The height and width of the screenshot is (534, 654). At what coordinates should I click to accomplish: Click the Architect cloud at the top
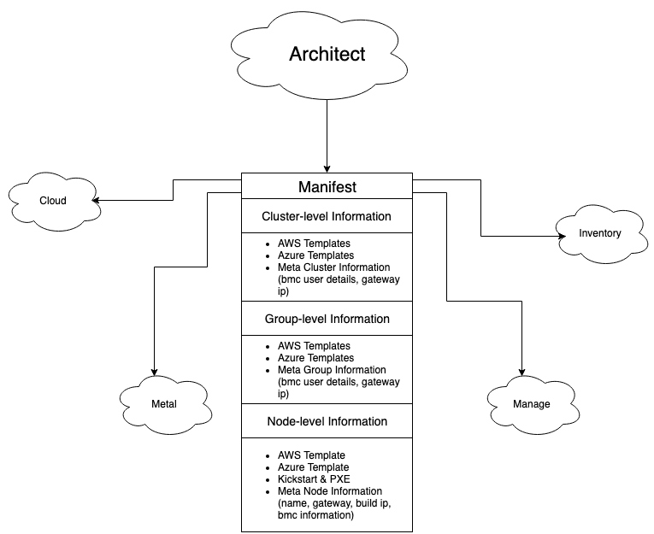click(x=327, y=55)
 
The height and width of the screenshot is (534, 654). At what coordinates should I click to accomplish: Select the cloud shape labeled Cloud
click(x=53, y=201)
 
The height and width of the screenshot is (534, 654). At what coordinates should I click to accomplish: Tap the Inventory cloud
click(x=599, y=233)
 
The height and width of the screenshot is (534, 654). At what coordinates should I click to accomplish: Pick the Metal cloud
click(x=163, y=404)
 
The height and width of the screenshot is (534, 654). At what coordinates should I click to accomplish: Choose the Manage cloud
click(x=531, y=404)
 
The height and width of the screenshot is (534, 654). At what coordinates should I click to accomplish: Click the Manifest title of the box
click(x=327, y=187)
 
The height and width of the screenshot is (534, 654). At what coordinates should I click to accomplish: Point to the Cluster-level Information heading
click(x=327, y=216)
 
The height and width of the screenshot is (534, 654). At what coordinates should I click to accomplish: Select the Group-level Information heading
click(x=327, y=319)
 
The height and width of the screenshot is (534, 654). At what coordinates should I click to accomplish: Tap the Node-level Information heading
click(x=327, y=421)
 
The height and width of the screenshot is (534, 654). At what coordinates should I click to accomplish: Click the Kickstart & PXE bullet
click(x=314, y=479)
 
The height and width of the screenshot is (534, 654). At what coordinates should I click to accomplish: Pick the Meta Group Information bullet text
click(x=332, y=370)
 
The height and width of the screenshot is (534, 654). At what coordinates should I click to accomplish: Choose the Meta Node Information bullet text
click(x=330, y=491)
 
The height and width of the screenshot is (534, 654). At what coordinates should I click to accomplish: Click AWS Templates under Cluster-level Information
click(x=314, y=244)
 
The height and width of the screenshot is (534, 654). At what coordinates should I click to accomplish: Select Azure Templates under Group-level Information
click(x=315, y=358)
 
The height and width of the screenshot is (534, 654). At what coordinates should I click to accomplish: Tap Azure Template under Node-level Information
click(x=313, y=467)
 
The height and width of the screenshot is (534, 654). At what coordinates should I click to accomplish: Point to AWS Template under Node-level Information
click(x=311, y=455)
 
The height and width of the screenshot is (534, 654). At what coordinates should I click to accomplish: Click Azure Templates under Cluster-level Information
click(x=315, y=255)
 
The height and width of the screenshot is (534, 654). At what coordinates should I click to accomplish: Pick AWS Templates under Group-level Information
click(x=314, y=346)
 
